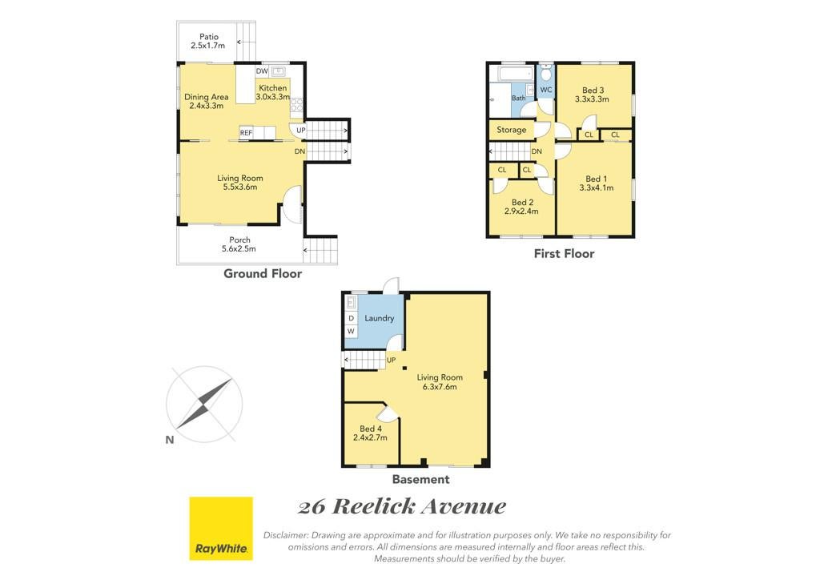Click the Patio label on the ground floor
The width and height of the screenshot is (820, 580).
coord(208,42)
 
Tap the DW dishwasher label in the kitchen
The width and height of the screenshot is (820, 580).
coord(262,71)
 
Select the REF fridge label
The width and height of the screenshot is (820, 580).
coord(246,133)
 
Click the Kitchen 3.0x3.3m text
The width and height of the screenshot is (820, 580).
coord(273,93)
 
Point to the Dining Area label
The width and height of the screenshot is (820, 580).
coord(207,101)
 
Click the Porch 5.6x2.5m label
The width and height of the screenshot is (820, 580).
coord(239,244)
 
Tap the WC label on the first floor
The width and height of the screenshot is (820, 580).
coord(546,90)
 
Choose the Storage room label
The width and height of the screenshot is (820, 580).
coord(512,130)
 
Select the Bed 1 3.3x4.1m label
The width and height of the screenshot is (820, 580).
coord(596,183)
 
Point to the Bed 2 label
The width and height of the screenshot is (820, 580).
coord(521,207)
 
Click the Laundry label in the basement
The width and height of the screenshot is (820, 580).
coord(379,319)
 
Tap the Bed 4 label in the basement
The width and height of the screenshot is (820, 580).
coord(370,433)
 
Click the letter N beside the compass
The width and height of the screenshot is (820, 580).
coord(170,440)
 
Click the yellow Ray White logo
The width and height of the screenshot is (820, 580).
coord(221,528)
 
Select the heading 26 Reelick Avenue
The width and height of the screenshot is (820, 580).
coord(402,506)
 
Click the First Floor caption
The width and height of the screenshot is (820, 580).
coord(564,254)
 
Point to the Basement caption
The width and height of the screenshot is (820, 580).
coord(421,479)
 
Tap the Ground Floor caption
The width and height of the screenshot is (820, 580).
coord(263,273)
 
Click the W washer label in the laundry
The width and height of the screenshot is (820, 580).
coord(351,331)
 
